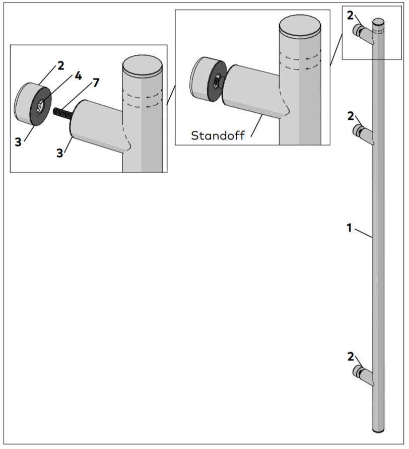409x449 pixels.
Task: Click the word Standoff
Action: click(218, 135)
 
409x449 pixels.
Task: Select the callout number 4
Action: click(78, 76)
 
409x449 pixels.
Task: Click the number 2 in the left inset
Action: click(61, 65)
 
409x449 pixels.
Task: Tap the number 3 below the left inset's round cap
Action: click(18, 142)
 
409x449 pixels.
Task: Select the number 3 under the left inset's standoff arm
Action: click(60, 153)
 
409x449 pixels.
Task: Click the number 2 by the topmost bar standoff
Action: click(351, 16)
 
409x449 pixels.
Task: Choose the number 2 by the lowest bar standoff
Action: click(351, 357)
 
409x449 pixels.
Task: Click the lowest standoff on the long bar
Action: click(364, 375)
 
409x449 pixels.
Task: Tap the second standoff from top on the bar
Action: click(364, 133)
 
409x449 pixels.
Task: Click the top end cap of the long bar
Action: click(378, 22)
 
